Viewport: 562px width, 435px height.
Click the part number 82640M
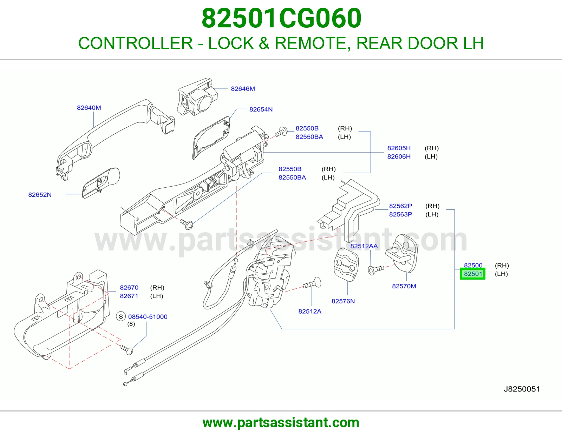(x=89, y=108)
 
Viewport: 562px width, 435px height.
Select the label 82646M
(x=243, y=89)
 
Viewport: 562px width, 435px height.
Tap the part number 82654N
(x=261, y=109)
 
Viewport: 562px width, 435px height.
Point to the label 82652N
(x=40, y=194)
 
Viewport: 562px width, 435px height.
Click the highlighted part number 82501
(x=473, y=274)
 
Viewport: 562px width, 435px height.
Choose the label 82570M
(x=404, y=286)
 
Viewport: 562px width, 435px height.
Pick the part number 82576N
(x=343, y=301)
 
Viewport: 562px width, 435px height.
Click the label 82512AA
(x=364, y=246)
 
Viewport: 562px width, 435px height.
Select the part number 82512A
(x=310, y=311)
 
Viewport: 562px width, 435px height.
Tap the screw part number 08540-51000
(x=148, y=316)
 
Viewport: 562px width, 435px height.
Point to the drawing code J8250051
(x=522, y=389)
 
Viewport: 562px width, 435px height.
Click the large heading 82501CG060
(x=281, y=18)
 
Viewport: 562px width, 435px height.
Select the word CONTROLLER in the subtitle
(x=136, y=43)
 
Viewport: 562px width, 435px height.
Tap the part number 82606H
(x=399, y=156)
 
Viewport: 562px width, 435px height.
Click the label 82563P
(x=401, y=214)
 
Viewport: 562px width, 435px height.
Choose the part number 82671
(x=129, y=296)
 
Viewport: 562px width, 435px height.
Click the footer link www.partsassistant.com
(x=281, y=423)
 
